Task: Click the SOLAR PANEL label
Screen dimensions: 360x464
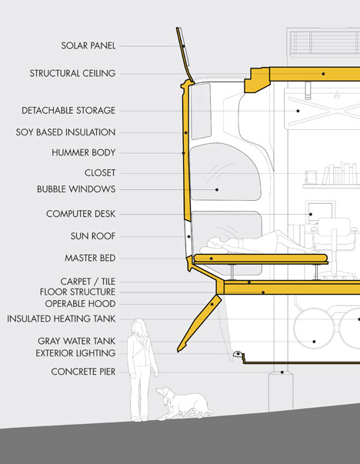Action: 88,45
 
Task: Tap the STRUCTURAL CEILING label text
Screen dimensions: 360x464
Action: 72,73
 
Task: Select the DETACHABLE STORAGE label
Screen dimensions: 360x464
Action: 68,110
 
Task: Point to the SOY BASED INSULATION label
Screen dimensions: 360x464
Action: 65,132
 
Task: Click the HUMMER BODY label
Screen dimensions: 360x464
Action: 83,152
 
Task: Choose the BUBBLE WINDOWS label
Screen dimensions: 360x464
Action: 76,189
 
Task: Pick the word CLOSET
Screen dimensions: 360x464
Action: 100,172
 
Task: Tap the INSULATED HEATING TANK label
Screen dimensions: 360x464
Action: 62,319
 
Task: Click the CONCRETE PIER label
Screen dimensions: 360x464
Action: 83,372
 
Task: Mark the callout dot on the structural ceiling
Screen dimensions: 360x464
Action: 323,74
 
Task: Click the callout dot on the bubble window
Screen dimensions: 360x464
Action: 217,190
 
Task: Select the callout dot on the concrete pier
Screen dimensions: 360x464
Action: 282,372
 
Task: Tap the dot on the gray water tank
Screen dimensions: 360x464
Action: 314,342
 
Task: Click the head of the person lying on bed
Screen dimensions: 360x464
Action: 214,244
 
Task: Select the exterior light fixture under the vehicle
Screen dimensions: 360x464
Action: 238,354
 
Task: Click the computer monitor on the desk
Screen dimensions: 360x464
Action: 320,212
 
